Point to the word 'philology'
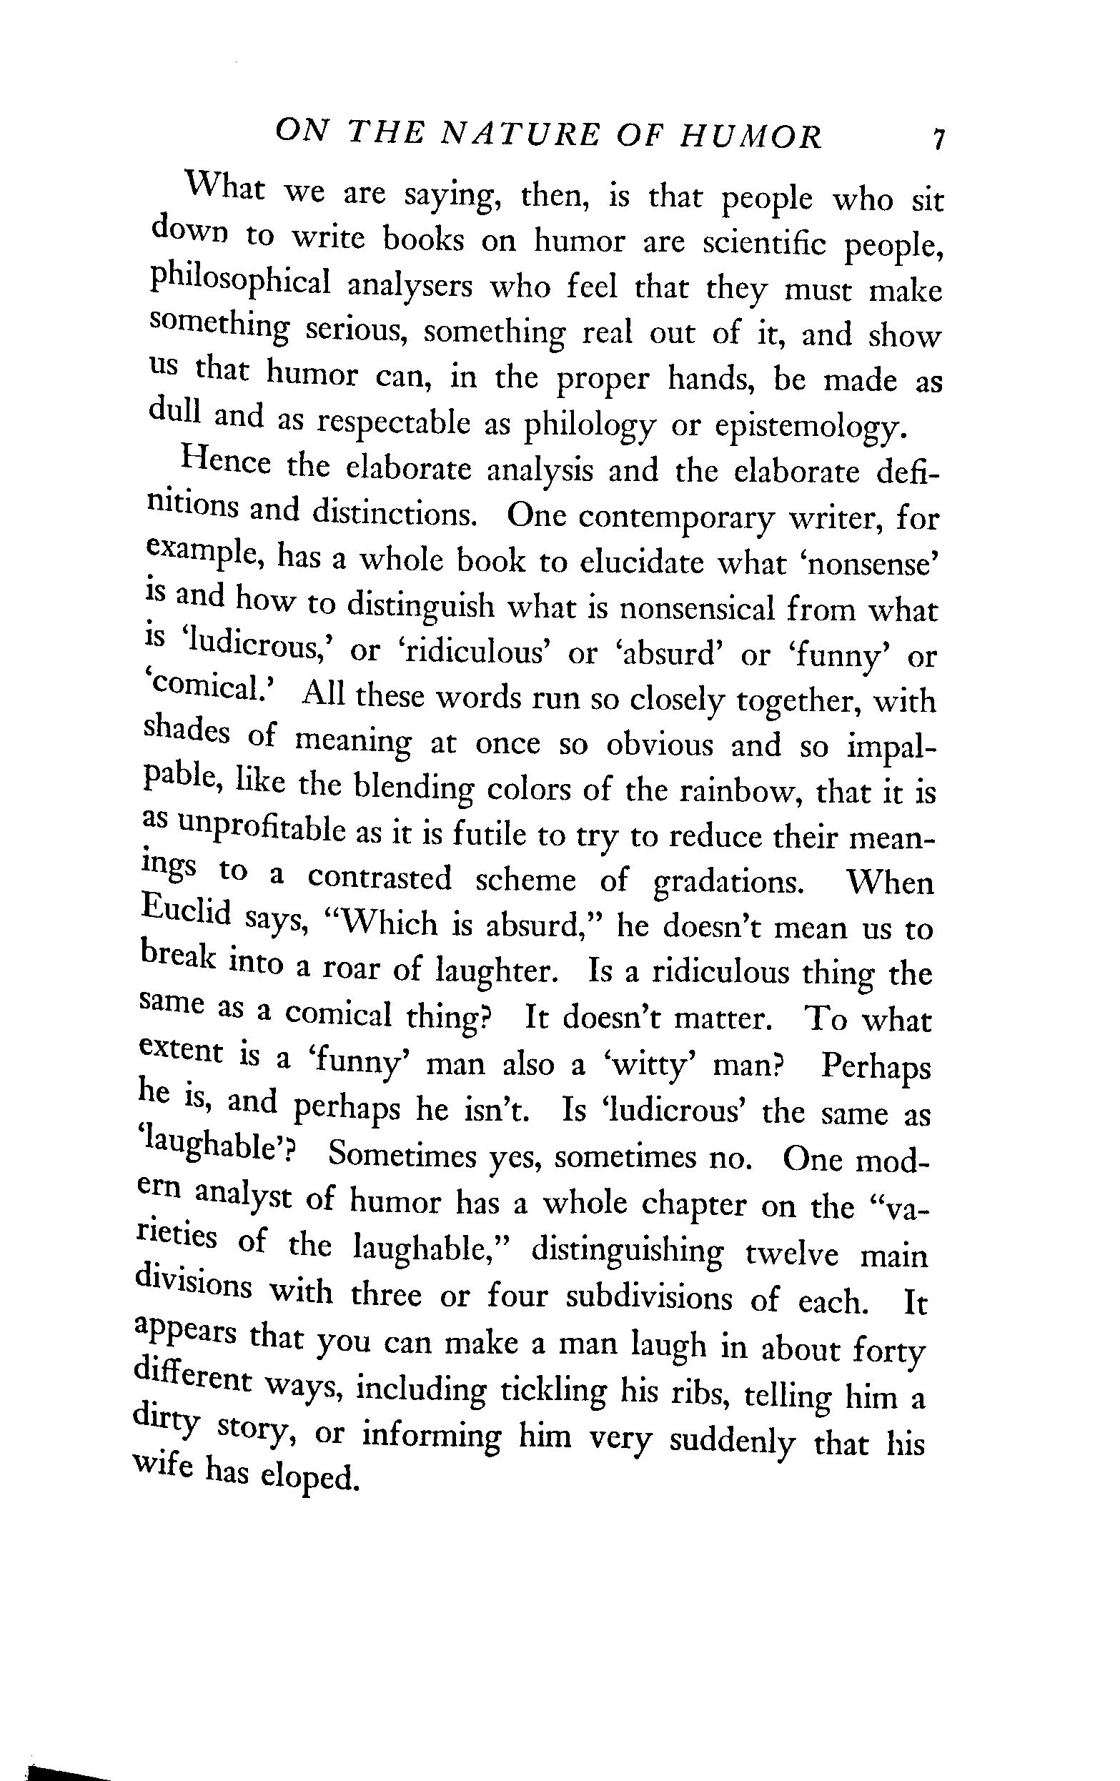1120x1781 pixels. coord(590,427)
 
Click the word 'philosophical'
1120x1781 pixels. coord(239,283)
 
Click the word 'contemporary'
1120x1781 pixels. coord(676,518)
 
